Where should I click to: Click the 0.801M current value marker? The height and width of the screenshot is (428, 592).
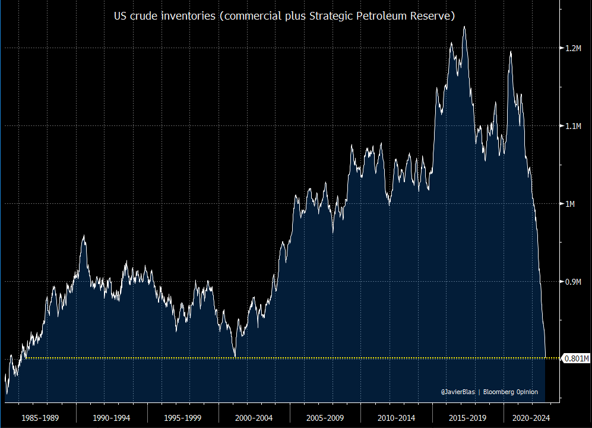point(575,358)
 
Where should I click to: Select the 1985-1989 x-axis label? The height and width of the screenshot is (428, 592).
point(40,417)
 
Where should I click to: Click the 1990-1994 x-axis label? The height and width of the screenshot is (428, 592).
point(112,417)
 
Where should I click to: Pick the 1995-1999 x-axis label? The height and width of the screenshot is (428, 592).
point(183,417)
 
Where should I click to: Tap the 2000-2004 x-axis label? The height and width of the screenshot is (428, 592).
point(254,417)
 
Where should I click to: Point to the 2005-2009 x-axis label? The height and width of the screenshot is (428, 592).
point(325,417)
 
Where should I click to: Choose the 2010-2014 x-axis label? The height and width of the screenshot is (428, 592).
point(397,417)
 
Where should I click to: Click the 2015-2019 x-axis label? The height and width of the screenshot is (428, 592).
point(468,417)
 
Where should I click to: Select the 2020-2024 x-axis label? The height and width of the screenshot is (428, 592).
point(531,417)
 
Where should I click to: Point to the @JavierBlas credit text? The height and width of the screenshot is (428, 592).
point(458,392)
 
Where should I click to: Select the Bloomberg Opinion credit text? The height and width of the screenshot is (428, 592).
point(511,392)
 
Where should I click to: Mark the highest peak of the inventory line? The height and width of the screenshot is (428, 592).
point(464,26)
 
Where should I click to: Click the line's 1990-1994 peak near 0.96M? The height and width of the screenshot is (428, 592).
point(84,236)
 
